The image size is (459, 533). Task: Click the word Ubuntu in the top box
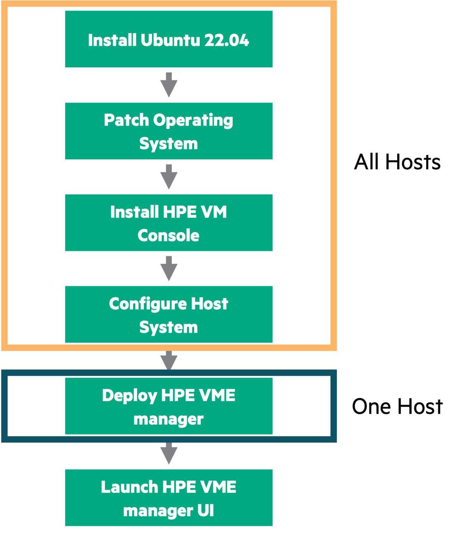(170, 40)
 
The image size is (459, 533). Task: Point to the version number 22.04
(227, 40)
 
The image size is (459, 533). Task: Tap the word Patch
(126, 120)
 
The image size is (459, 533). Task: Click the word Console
(169, 236)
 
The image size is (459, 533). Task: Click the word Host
(210, 304)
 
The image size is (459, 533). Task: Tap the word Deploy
(129, 396)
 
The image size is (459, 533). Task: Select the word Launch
(129, 487)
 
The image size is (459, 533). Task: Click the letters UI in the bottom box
(205, 511)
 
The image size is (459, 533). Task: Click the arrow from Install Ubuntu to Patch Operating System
(169, 85)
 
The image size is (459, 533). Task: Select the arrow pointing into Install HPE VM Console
(169, 177)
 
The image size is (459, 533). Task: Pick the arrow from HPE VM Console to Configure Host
(169, 269)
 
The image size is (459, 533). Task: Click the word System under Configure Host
(169, 327)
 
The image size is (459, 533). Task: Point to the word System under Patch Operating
(169, 144)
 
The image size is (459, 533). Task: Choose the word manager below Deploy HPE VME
(169, 419)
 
